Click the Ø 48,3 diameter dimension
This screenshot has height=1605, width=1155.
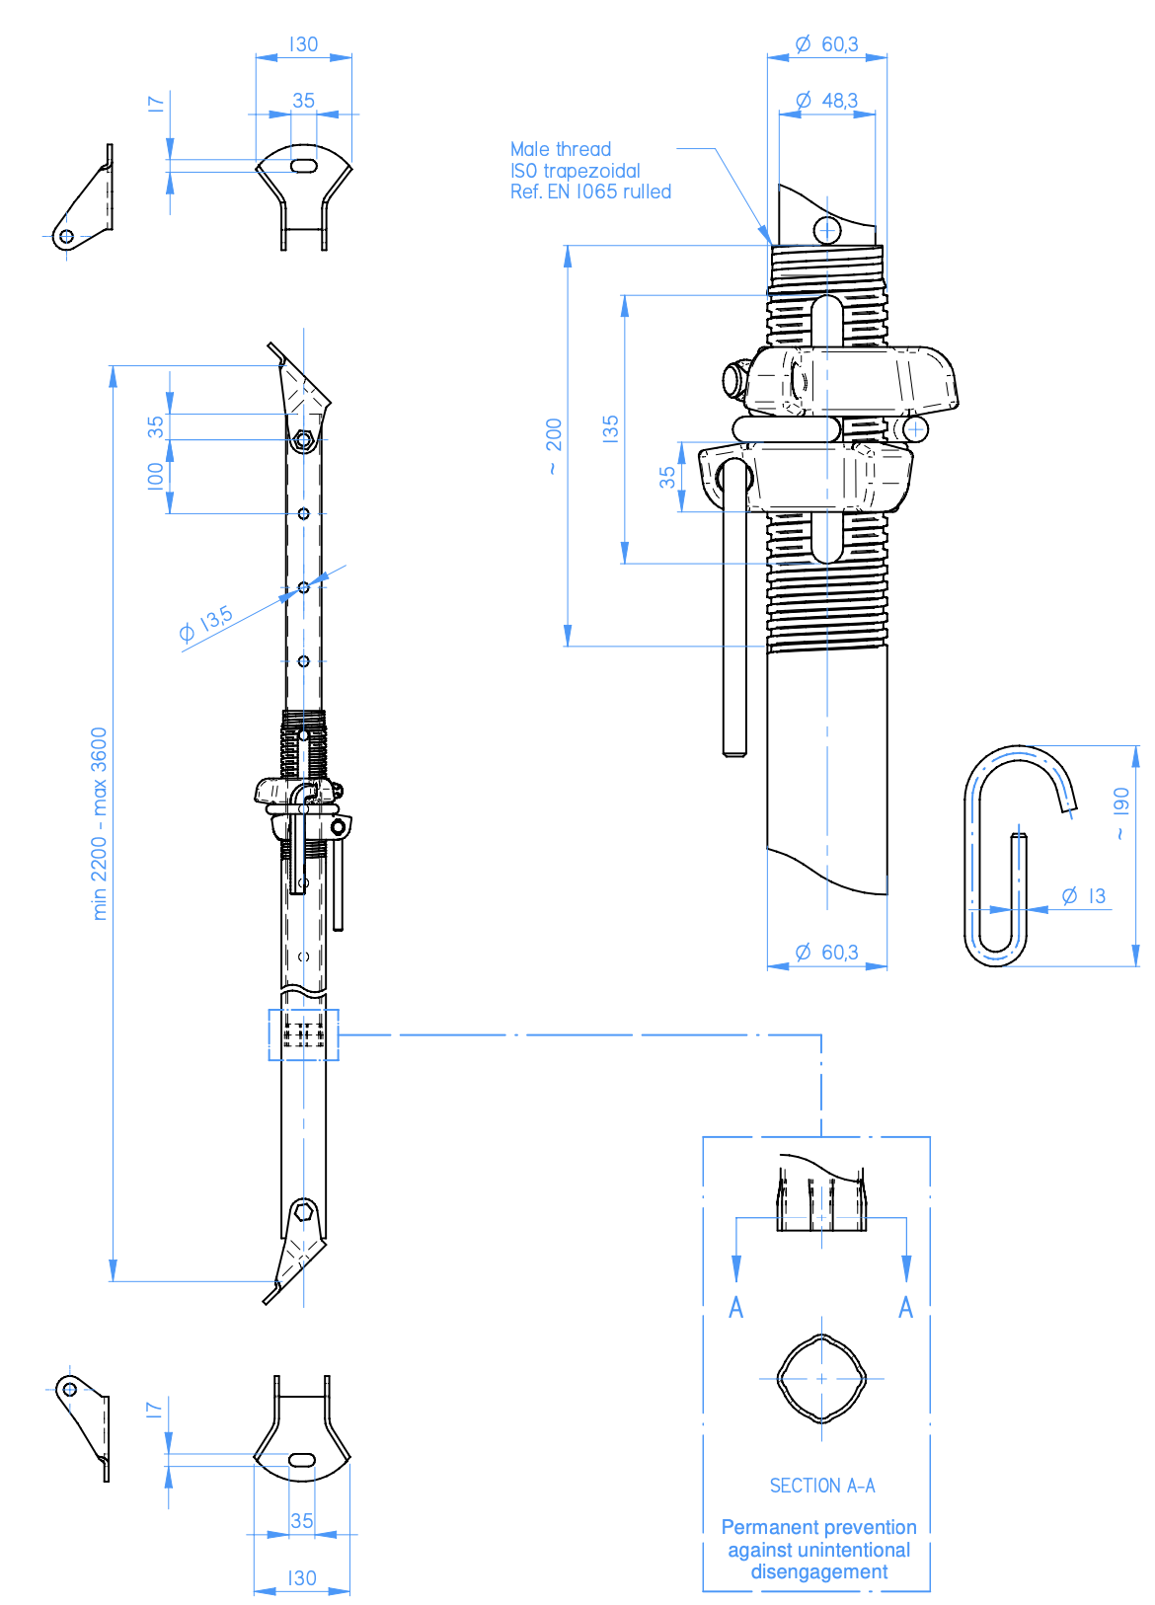[x=827, y=101]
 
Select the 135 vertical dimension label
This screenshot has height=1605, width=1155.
[x=611, y=428]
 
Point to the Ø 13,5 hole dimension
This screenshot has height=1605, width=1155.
[x=205, y=625]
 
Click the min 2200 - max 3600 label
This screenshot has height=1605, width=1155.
[x=99, y=823]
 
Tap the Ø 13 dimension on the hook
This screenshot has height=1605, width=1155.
[x=1083, y=896]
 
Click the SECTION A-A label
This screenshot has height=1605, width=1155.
[x=821, y=1486]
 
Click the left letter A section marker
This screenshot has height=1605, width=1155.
[x=735, y=1308]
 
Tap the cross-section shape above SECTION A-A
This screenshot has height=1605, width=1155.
[x=821, y=1378]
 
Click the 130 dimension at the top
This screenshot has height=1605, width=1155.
[x=303, y=44]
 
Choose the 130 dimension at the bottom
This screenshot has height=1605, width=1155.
[x=302, y=1578]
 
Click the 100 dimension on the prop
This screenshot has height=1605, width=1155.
[x=156, y=476]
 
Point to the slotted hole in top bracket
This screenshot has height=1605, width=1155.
[x=304, y=166]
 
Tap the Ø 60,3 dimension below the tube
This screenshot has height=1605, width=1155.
[x=827, y=953]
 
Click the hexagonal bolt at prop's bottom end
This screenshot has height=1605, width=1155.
[x=303, y=1211]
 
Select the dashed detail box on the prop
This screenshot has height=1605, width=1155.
[x=303, y=1034]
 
